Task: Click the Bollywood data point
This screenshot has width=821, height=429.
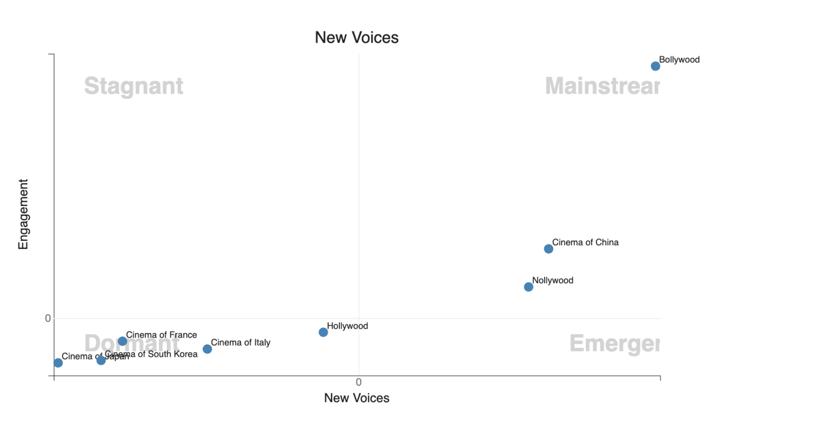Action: (x=655, y=66)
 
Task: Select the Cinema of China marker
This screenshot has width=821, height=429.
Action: (x=548, y=249)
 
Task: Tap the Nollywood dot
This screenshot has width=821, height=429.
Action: (x=529, y=287)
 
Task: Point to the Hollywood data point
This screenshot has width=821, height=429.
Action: (x=323, y=332)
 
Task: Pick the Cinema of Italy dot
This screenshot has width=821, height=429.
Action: (x=207, y=349)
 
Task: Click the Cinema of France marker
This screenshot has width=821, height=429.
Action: (x=122, y=341)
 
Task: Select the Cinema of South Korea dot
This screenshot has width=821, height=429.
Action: (x=101, y=361)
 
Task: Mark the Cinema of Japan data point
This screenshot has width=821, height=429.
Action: (x=58, y=363)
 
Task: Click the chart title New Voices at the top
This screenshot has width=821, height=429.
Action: (x=357, y=37)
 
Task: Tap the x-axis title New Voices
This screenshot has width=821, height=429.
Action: (x=357, y=398)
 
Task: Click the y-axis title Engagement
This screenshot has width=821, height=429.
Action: (x=23, y=214)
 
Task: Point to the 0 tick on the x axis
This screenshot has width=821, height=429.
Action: (x=359, y=382)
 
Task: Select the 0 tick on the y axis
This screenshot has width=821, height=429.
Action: (x=48, y=318)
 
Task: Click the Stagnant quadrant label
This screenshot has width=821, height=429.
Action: (x=134, y=86)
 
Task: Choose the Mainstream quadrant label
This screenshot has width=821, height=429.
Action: (x=602, y=86)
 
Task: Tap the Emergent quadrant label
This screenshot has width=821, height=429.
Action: (x=615, y=344)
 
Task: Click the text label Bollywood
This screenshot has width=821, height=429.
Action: (x=679, y=60)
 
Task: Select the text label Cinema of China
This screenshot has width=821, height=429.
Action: (x=585, y=243)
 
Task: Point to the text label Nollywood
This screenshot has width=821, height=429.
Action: (x=553, y=280)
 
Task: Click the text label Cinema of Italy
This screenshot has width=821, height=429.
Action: (x=241, y=342)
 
